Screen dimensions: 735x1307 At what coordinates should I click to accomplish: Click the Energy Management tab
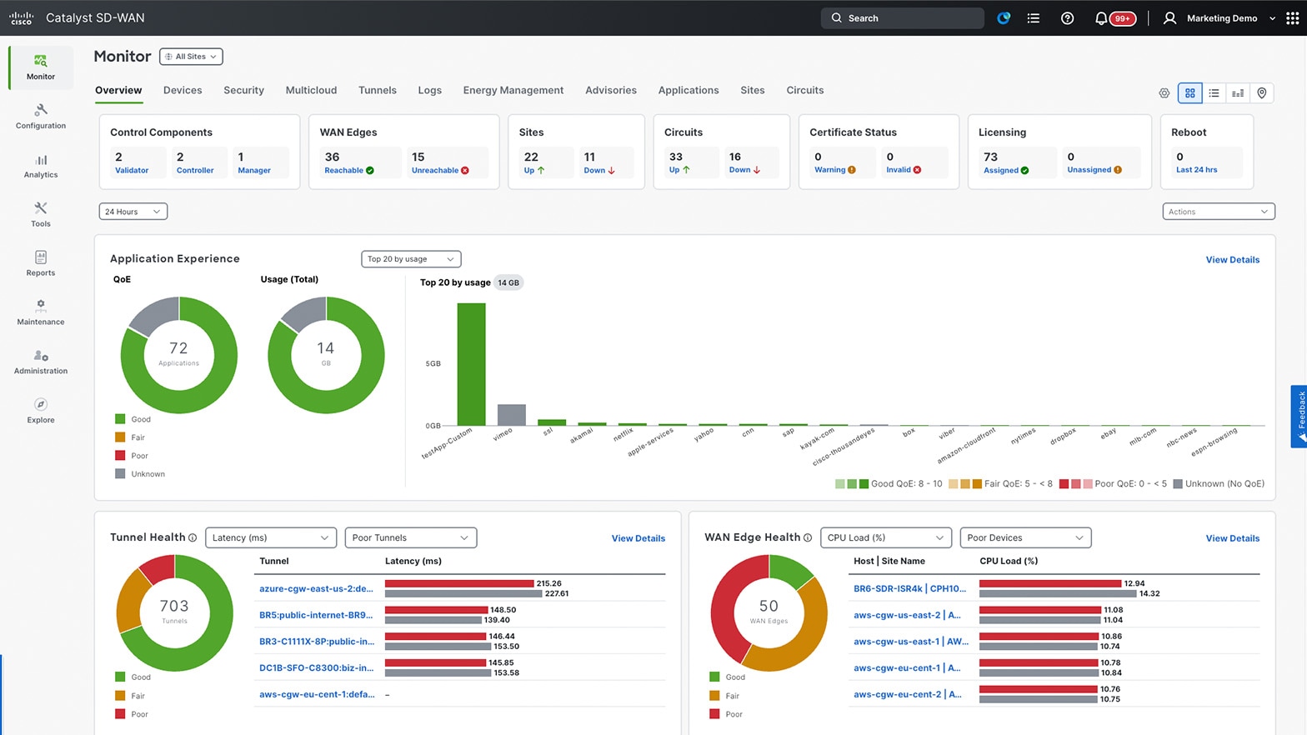point(513,90)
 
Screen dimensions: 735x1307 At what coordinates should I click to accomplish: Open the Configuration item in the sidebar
point(40,116)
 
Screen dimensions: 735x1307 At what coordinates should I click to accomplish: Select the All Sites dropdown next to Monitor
point(191,57)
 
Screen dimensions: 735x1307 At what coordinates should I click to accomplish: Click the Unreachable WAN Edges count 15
point(418,157)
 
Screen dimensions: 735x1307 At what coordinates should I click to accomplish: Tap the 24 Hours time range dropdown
point(133,212)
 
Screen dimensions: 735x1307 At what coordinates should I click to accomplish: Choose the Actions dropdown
point(1218,212)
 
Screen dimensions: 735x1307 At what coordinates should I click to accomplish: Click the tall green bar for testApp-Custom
point(471,364)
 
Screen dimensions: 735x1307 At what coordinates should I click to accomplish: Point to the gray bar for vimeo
point(511,415)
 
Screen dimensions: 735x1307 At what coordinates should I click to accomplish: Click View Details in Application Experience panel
point(1232,260)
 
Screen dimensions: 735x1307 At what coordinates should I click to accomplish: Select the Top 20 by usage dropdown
point(411,259)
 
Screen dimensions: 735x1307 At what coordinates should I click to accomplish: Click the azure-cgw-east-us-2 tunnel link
point(316,588)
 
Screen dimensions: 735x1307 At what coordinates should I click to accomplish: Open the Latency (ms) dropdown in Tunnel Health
point(270,537)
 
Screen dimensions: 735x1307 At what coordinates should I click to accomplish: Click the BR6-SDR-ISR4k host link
point(909,588)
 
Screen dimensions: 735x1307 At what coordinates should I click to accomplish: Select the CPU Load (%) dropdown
point(885,537)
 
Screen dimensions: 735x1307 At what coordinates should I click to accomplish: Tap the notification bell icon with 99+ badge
point(1101,18)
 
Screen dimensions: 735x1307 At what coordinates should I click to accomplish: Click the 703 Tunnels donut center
point(174,612)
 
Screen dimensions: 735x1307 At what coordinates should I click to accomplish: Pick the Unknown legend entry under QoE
point(148,474)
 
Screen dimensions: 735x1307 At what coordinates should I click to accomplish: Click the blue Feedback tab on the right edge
point(1299,416)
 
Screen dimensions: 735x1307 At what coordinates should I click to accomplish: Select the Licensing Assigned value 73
point(990,157)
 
